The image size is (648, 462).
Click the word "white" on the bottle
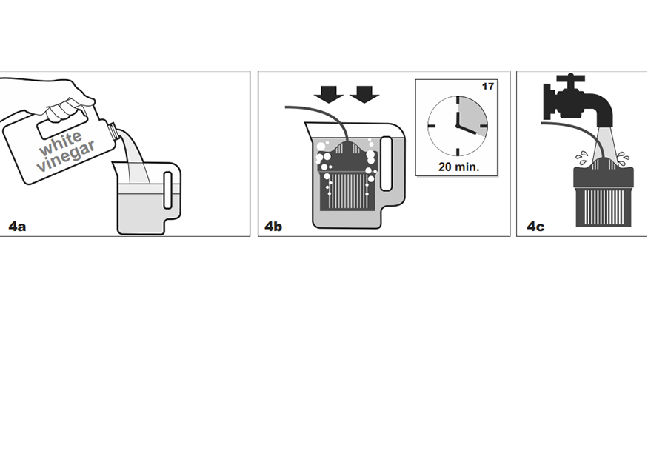point(61,143)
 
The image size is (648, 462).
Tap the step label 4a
point(17,227)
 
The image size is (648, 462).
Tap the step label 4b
point(273,227)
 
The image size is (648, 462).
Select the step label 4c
point(535,227)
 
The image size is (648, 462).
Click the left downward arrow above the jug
point(329,94)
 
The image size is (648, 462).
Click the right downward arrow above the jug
point(364,94)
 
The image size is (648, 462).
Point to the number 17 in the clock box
point(488,87)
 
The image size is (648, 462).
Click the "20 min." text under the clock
point(458,167)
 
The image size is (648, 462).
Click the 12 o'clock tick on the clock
point(458,101)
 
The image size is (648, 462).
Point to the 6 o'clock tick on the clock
point(458,152)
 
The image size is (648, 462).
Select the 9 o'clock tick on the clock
point(432,126)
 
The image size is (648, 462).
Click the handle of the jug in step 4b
point(386,164)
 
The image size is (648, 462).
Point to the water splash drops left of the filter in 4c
point(582,158)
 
